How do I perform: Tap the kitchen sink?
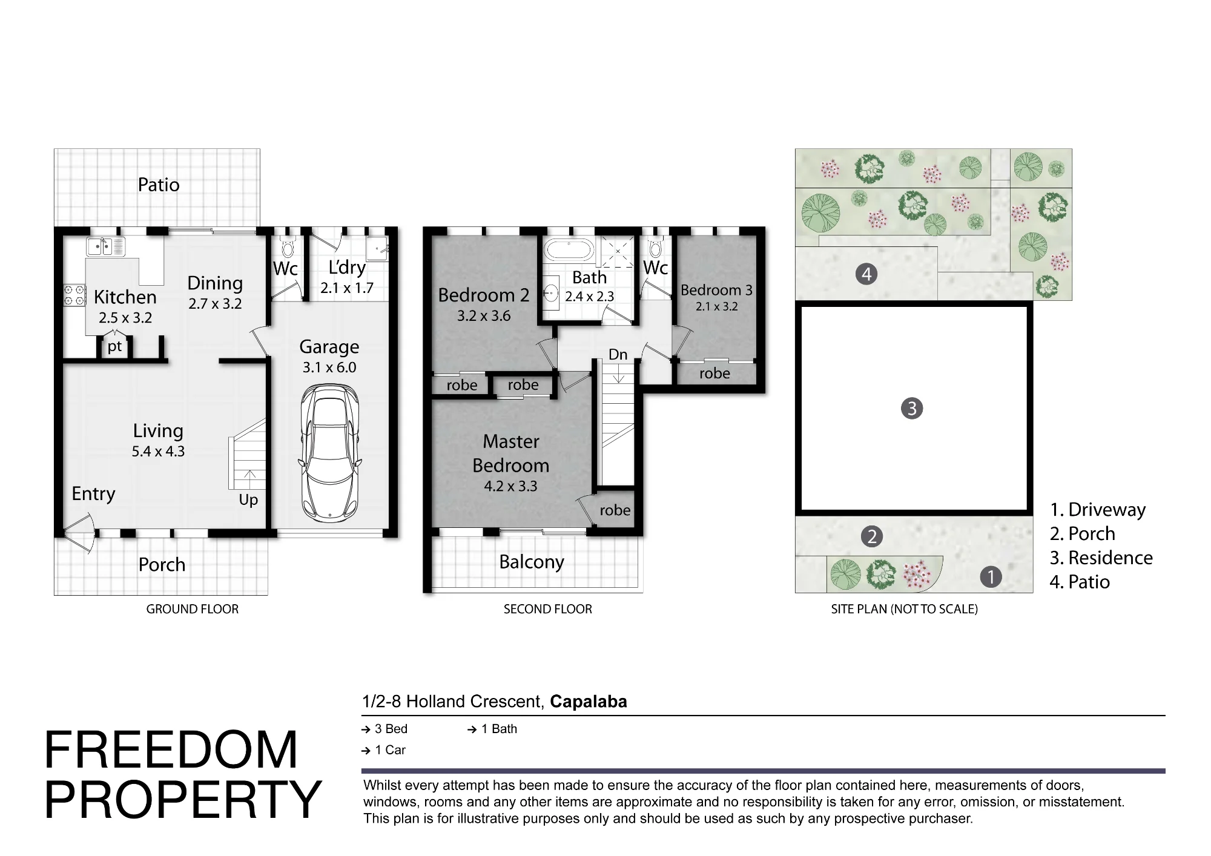pos(106,246)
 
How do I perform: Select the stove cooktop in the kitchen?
pos(74,295)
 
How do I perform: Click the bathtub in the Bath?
pos(569,249)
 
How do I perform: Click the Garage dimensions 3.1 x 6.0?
pos(329,367)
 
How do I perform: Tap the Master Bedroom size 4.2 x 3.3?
pos(510,486)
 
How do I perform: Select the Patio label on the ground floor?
pos(159,185)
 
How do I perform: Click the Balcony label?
pos(532,562)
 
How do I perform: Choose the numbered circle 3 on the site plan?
pos(912,409)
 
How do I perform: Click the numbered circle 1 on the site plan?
pos(991,576)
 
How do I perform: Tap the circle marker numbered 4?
pos(866,274)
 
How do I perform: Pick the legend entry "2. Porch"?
pos(1083,533)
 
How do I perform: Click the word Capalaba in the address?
pos(589,702)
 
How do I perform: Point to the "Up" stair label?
pos(248,500)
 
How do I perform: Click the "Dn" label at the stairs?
pos(618,354)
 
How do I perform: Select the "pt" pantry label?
pos(114,347)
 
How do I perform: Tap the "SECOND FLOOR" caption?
pos(548,609)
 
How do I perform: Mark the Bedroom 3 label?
pos(716,291)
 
